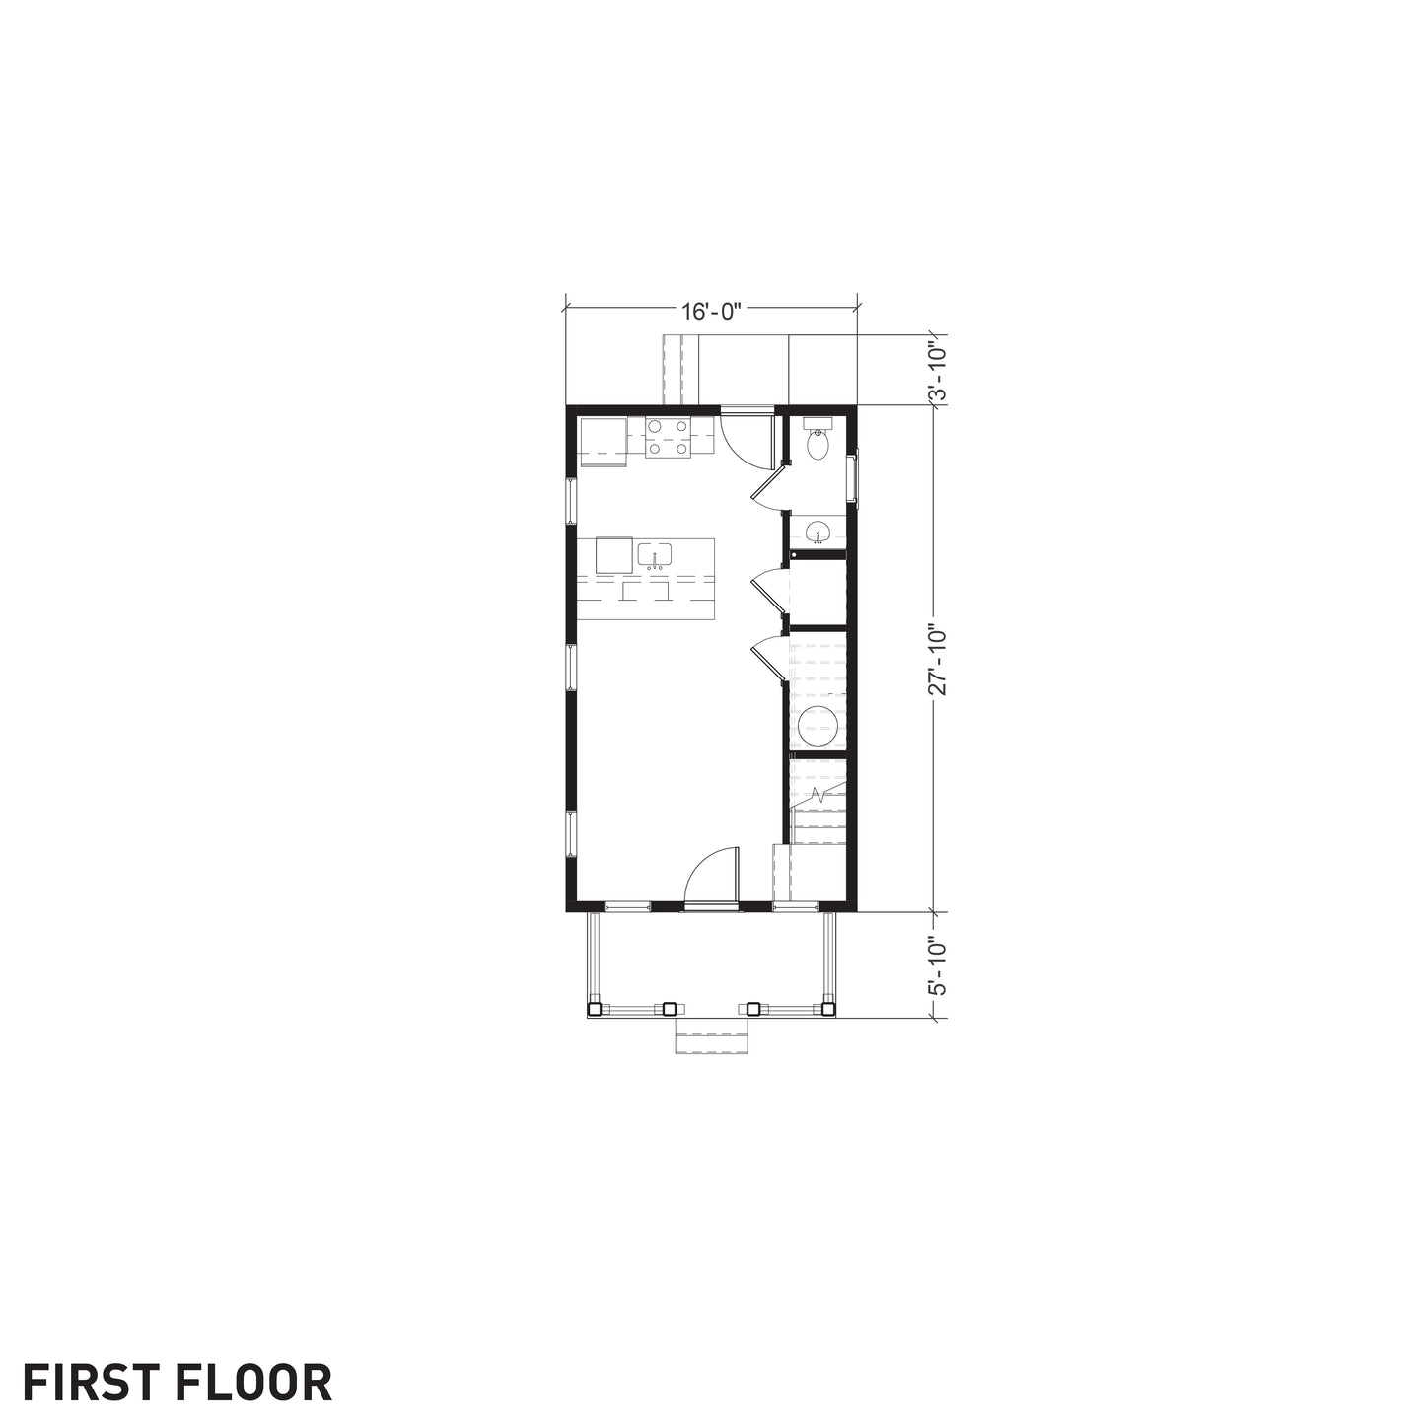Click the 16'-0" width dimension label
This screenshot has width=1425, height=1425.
coord(710,312)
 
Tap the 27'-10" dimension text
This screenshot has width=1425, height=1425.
coord(938,661)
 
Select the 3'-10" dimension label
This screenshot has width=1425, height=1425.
coord(937,370)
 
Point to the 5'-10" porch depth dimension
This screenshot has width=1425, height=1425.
coord(937,966)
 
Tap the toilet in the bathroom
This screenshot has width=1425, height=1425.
coord(818,439)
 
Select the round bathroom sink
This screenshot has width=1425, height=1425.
coord(818,531)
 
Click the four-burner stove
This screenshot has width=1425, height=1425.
coord(669,438)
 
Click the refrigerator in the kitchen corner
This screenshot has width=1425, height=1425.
coord(604,442)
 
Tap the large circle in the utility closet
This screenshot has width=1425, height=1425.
coord(819,725)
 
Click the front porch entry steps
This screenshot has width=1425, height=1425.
coord(711,1033)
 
